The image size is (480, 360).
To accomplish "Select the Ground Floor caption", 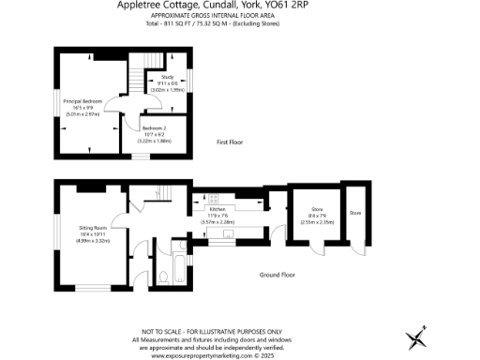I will coord(277,276).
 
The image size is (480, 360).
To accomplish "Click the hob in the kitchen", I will coord(212,198).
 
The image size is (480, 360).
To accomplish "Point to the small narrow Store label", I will coord(355,213).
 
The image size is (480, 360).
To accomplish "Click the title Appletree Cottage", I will coord(175,6).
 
